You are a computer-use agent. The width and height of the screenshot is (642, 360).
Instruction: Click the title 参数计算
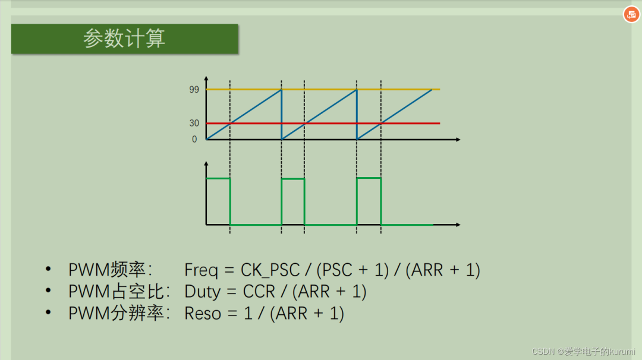(x=124, y=39)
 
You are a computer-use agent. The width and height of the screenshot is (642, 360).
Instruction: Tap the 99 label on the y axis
(x=194, y=90)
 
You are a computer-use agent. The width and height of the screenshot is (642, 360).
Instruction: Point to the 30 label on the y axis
(x=194, y=123)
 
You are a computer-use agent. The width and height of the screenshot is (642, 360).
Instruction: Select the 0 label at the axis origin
(x=194, y=139)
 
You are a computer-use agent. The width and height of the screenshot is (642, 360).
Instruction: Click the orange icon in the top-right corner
(x=631, y=15)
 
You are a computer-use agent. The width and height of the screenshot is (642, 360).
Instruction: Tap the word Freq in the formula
(x=201, y=270)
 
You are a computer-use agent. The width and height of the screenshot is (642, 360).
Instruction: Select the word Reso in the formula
(x=203, y=314)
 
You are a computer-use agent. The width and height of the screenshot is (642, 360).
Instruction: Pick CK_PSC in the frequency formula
(x=270, y=270)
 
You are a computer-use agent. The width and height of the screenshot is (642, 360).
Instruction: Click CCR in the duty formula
(x=259, y=292)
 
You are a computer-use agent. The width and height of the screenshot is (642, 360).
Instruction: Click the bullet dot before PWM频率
(x=48, y=269)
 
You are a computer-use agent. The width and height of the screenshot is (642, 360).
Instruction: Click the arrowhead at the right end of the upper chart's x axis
(x=458, y=140)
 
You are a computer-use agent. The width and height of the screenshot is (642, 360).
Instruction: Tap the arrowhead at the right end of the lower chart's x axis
(x=458, y=225)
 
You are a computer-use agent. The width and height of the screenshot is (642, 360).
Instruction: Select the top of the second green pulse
(x=292, y=179)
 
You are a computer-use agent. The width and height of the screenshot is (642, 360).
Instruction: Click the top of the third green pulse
(x=369, y=178)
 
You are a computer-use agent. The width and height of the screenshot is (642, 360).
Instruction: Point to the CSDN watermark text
(x=584, y=352)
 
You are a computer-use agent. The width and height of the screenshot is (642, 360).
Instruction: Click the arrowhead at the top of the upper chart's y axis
(x=206, y=78)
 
